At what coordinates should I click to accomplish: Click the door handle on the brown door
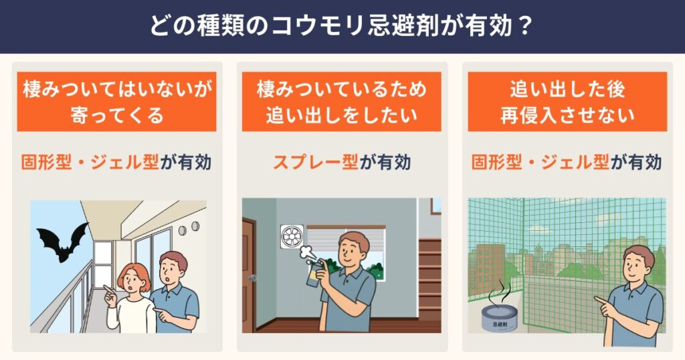[252, 278]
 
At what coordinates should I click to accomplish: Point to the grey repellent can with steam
[499, 317]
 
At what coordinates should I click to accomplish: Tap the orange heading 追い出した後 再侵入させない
[567, 102]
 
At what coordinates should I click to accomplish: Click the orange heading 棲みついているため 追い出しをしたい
[342, 102]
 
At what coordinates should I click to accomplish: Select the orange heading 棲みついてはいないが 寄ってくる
[116, 102]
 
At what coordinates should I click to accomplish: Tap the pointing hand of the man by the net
[604, 306]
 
